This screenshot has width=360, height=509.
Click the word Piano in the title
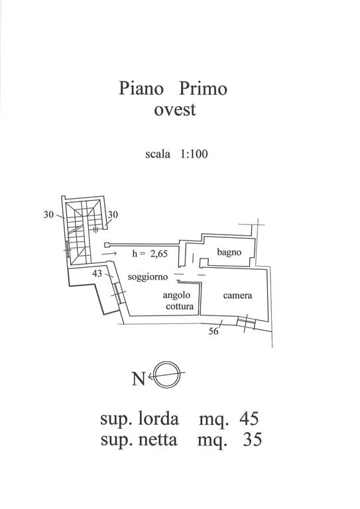click(x=141, y=89)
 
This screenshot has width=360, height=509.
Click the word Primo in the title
click(x=204, y=88)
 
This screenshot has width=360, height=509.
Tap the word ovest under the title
click(x=174, y=110)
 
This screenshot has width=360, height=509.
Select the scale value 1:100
click(x=194, y=154)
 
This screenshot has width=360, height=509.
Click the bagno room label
click(x=229, y=253)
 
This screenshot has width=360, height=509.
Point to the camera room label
click(x=237, y=296)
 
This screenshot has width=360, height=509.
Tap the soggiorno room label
click(x=148, y=277)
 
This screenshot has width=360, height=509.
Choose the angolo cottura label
click(x=178, y=301)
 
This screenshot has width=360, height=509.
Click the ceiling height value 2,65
click(x=158, y=254)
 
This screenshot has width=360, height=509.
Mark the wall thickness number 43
click(x=97, y=274)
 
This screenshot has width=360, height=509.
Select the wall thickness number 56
click(x=213, y=331)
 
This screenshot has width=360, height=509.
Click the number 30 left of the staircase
click(x=48, y=215)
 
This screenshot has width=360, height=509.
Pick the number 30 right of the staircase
click(x=113, y=215)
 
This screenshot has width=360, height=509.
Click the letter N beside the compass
click(x=139, y=378)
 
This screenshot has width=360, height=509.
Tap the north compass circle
click(x=167, y=374)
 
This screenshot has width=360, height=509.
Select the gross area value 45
click(x=249, y=419)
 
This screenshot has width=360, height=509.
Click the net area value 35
click(x=252, y=440)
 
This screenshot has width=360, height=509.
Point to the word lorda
click(x=158, y=418)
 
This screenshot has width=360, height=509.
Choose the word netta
click(x=158, y=440)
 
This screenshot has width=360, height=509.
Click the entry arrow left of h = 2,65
click(x=109, y=254)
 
